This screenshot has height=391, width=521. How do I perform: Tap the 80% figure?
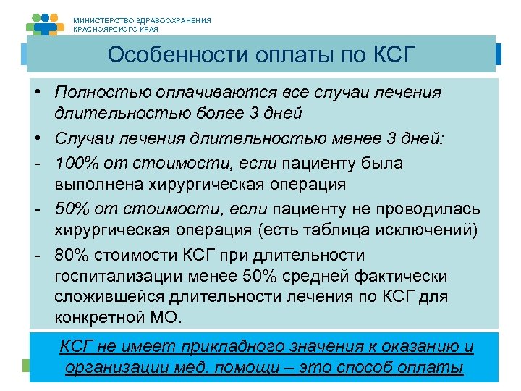click(72, 256)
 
